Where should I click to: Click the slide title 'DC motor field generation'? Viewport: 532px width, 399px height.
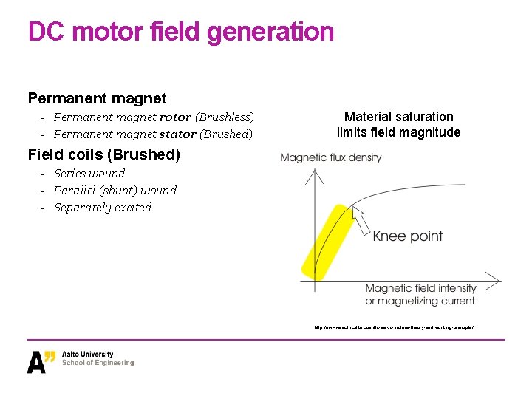(x=181, y=32)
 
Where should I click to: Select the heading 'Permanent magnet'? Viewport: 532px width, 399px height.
(x=97, y=98)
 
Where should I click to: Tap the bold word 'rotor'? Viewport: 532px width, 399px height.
(x=175, y=117)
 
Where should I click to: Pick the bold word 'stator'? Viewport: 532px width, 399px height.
(x=177, y=134)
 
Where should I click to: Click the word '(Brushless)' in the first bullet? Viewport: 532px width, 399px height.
(x=225, y=117)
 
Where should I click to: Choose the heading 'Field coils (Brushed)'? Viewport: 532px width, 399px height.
(x=104, y=154)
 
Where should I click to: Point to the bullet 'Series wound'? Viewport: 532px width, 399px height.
(x=89, y=174)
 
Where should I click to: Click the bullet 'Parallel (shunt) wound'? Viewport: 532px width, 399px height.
(x=115, y=191)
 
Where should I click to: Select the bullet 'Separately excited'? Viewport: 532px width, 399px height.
(x=103, y=208)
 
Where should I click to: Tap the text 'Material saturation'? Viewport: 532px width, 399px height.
(x=399, y=117)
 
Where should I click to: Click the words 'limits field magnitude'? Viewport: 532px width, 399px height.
(x=399, y=133)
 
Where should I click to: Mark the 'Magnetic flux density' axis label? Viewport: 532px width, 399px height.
(x=331, y=157)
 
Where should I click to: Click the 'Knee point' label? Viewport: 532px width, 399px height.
(x=408, y=236)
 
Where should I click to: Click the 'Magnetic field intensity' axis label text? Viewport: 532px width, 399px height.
(x=421, y=288)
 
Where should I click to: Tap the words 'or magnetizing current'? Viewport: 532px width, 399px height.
(x=420, y=301)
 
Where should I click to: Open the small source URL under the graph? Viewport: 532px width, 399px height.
(x=393, y=327)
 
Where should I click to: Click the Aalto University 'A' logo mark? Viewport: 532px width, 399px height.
(x=41, y=361)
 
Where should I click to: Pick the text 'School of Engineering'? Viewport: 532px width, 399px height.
(x=98, y=364)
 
